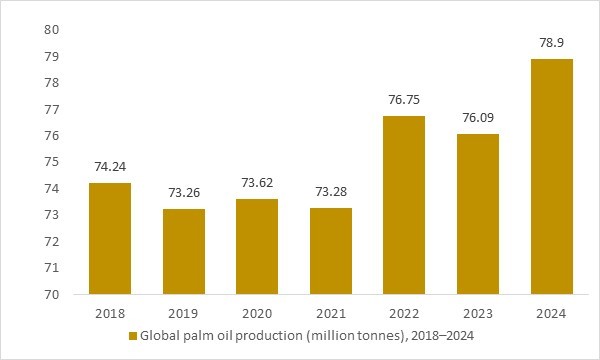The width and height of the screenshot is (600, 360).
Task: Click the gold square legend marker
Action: pos(131,337)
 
